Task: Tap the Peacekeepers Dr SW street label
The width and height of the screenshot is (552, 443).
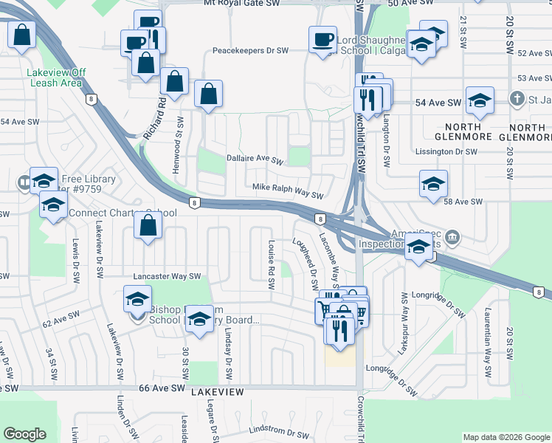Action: (249, 51)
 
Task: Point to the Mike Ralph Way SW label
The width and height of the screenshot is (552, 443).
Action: (289, 195)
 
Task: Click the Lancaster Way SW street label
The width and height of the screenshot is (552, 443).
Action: (167, 276)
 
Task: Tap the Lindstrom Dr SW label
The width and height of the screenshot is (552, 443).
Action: (278, 433)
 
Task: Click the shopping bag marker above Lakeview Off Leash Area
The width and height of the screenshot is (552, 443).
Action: (23, 34)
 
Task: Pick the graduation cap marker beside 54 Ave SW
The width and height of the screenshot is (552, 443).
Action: (480, 101)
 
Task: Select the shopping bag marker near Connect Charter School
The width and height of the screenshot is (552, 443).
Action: (148, 227)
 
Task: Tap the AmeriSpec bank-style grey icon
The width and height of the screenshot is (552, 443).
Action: (454, 238)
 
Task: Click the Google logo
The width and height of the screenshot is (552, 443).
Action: (25, 434)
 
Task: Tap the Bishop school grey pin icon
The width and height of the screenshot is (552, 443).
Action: (137, 317)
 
